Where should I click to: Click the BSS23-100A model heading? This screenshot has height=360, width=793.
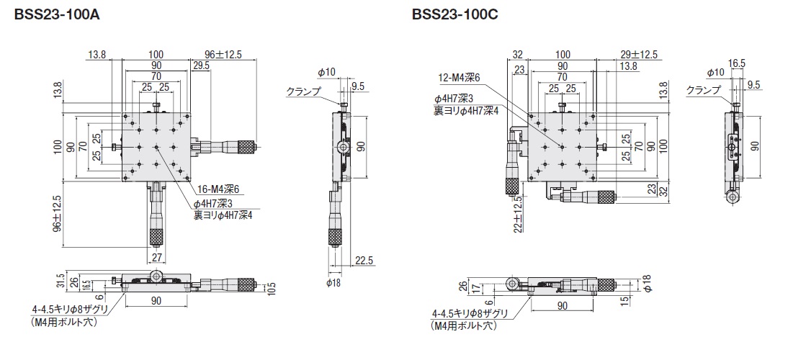57,15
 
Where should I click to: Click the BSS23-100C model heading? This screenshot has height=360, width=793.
455,15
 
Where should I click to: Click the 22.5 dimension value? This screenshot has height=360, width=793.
364,260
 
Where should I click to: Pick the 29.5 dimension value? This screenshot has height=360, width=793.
200,66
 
